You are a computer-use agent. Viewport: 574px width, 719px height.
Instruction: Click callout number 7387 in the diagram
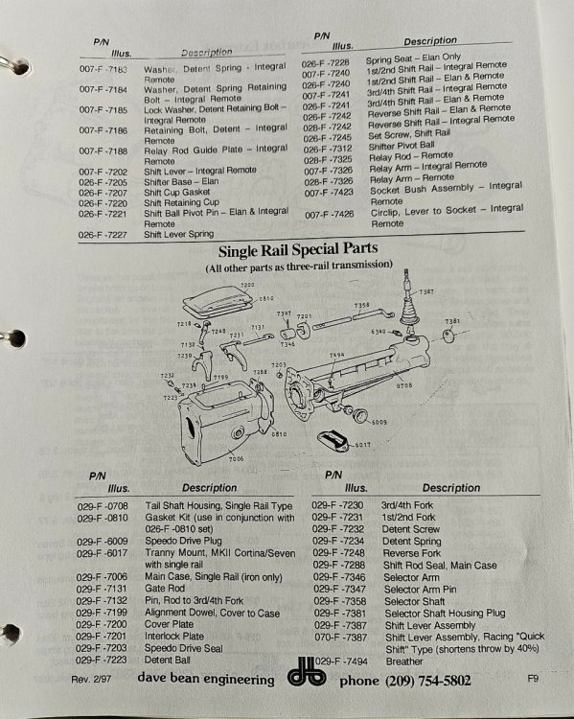tap(426, 291)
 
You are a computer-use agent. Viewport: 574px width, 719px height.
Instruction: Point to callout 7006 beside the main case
tap(236, 458)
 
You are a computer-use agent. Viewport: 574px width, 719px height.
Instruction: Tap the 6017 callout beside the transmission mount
tap(363, 445)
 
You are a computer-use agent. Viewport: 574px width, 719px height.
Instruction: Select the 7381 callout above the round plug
tap(452, 321)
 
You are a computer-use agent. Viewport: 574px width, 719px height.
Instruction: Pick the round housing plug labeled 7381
tap(448, 336)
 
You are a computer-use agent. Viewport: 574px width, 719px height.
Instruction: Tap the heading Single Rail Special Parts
tap(298, 250)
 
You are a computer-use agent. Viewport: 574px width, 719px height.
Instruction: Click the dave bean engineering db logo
tap(307, 673)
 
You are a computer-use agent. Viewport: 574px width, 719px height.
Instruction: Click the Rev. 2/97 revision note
tap(91, 679)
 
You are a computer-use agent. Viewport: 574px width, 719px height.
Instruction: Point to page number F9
tap(532, 678)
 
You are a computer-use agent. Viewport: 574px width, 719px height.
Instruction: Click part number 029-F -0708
tap(103, 506)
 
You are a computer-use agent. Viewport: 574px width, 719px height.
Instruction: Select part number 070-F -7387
tap(340, 637)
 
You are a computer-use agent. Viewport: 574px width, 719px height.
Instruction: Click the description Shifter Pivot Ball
tap(402, 146)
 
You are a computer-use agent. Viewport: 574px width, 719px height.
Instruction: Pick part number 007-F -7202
tap(103, 172)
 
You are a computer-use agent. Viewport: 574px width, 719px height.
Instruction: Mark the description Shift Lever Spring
tap(179, 234)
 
